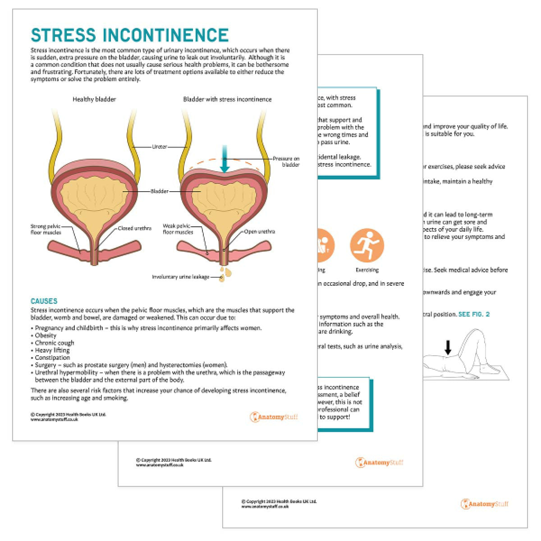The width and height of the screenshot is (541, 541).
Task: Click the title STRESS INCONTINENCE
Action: (x=130, y=35)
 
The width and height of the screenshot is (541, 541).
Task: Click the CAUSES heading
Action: (x=44, y=301)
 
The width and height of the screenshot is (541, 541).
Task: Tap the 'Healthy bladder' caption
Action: (x=94, y=99)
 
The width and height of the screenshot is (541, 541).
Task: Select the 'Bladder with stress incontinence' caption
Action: (x=227, y=99)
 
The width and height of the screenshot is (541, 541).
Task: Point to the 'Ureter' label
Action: (x=160, y=147)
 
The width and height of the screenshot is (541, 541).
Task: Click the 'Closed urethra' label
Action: (x=134, y=229)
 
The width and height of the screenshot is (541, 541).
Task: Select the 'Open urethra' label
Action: (x=259, y=232)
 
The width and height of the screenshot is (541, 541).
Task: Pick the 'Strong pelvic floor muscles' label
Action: (x=46, y=229)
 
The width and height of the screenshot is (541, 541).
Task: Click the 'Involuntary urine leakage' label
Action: (x=180, y=277)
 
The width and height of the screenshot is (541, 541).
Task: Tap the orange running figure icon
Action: (x=367, y=245)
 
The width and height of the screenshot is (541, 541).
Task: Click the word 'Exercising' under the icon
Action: (x=367, y=270)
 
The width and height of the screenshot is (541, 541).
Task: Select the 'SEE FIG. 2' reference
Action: (x=474, y=314)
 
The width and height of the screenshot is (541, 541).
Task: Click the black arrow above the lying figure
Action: (x=448, y=347)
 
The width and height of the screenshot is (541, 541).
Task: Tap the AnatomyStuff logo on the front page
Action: (x=274, y=417)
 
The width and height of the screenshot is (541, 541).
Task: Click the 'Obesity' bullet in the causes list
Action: (x=46, y=335)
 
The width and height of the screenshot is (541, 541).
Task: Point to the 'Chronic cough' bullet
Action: (x=54, y=343)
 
